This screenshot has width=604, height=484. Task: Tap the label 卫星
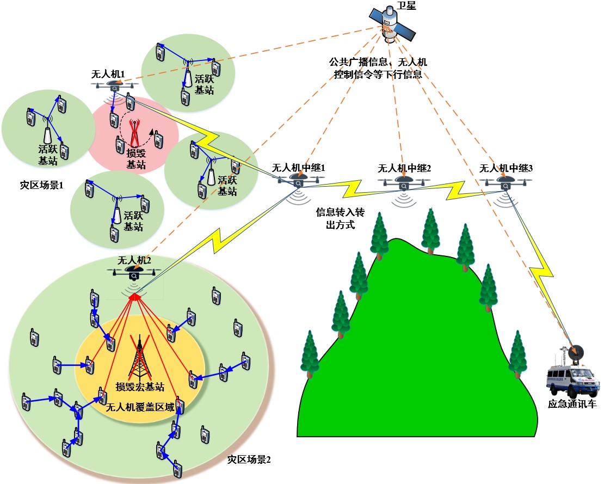pyautogui.click(x=405, y=5)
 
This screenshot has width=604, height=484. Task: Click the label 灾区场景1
pyautogui.click(x=41, y=185)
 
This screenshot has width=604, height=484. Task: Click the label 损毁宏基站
pyautogui.click(x=140, y=387)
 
